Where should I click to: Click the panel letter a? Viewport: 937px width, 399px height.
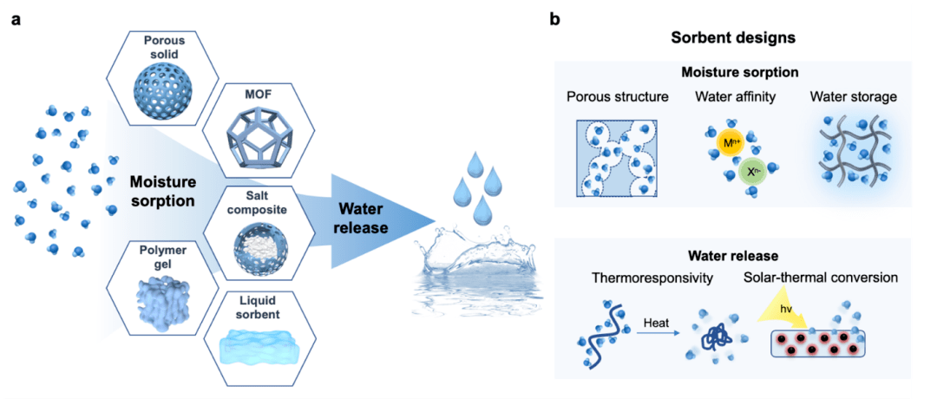point(16,20)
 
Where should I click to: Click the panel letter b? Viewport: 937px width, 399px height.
point(554,20)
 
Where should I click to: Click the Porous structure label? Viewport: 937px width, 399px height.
point(616,96)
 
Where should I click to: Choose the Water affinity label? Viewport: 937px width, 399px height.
point(732,96)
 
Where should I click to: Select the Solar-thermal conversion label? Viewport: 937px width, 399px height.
point(820,278)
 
